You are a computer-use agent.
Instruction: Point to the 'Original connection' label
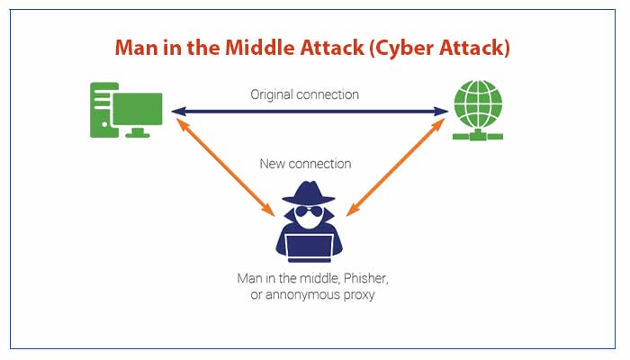pyautogui.click(x=305, y=94)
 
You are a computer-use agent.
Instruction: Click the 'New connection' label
pyautogui.click(x=305, y=164)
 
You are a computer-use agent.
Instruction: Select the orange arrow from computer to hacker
pyautogui.click(x=227, y=166)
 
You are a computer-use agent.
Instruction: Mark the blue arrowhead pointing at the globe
pyautogui.click(x=443, y=112)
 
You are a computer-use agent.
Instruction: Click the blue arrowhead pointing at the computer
pyautogui.click(x=177, y=112)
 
